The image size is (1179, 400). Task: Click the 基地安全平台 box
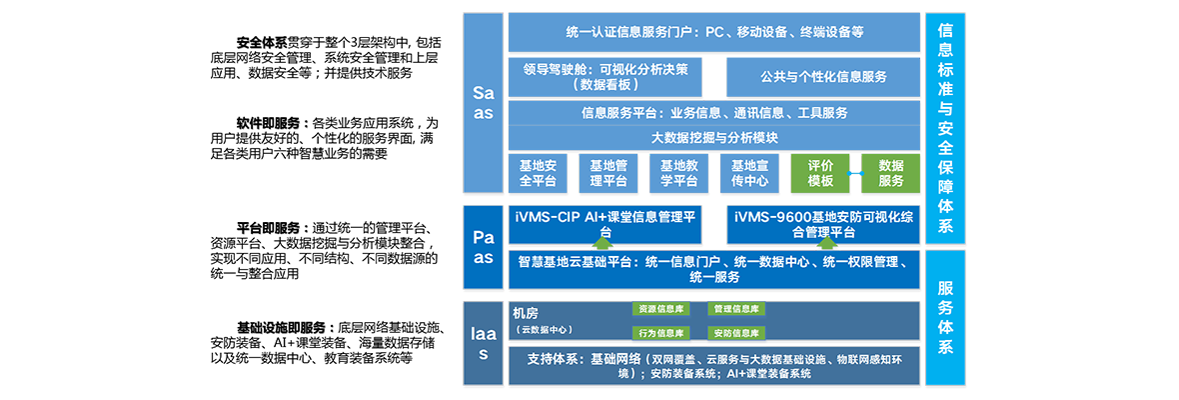[538, 173]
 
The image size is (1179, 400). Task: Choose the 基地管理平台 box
[608, 173]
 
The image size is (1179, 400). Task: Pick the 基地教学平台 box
[678, 173]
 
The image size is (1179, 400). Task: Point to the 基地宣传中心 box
[749, 173]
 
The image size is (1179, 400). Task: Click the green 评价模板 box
[820, 173]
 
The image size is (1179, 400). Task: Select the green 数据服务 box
[890, 173]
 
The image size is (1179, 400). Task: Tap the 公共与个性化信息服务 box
[823, 77]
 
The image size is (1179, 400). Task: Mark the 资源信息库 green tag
[661, 309]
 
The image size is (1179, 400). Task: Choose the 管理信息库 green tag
[735, 309]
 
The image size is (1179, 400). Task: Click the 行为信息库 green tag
[661, 333]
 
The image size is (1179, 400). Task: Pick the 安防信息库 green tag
[735, 333]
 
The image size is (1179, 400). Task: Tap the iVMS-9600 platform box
[823, 224]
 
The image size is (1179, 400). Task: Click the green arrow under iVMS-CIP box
[600, 241]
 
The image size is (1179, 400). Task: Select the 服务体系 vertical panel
[945, 318]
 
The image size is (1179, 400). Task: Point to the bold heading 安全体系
[262, 42]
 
